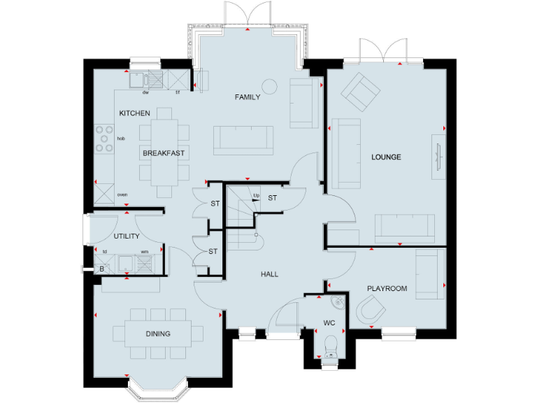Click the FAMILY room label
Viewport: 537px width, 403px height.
pos(248,97)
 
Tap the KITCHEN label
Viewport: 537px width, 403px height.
pos(134,113)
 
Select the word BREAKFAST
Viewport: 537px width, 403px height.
pos(163,153)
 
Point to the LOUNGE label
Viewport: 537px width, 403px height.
pos(386,157)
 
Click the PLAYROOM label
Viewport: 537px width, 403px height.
pos(387,288)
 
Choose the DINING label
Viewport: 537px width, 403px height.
pos(158,334)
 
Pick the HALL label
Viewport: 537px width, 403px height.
pos(269,274)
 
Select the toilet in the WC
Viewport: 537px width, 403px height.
pos(332,345)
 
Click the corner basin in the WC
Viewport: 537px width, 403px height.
pos(338,302)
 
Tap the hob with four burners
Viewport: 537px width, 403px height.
pos(104,138)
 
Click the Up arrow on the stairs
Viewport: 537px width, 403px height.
pos(256,197)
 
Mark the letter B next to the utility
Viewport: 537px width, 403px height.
pos(102,269)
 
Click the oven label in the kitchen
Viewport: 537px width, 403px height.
pos(122,195)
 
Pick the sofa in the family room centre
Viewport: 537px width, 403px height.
pos(243,139)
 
